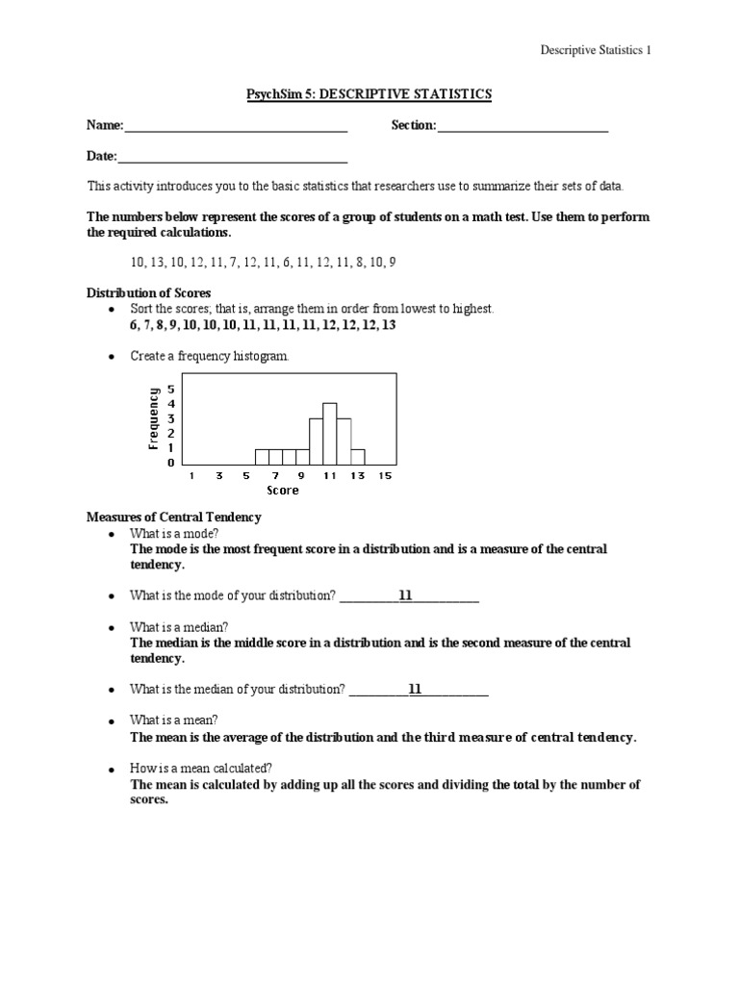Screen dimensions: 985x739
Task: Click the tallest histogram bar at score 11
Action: pos(329,433)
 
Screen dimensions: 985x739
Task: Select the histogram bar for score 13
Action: pos(357,455)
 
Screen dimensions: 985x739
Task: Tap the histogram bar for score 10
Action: pos(316,441)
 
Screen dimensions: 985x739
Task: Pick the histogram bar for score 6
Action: pos(262,455)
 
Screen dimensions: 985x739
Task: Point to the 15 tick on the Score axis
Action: pos(386,475)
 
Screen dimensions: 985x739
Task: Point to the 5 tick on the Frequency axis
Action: pos(171,389)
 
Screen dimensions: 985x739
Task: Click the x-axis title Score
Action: pos(283,491)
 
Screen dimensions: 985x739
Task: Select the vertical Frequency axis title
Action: pos(153,418)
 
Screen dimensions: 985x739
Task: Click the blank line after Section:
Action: pos(522,126)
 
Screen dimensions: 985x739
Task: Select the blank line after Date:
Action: pos(232,157)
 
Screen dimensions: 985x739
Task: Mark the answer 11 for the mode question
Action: pos(405,596)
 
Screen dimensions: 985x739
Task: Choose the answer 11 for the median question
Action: pos(415,689)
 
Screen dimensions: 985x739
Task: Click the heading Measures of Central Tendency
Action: pos(174,517)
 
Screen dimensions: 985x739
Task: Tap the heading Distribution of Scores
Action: pos(149,292)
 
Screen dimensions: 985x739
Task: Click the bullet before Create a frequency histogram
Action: pos(113,357)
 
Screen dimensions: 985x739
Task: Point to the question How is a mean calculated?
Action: pos(201,768)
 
